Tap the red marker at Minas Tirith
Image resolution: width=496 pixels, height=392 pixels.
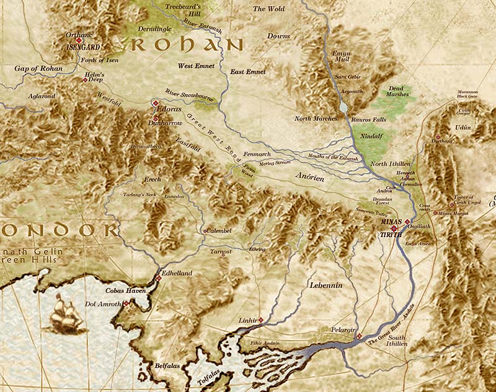394,229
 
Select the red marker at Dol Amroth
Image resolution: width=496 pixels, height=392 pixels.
126,303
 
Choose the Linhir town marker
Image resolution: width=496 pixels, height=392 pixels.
261,320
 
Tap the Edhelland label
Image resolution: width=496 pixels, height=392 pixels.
177,273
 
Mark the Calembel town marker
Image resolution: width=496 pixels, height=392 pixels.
205,232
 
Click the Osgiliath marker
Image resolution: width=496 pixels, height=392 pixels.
407,222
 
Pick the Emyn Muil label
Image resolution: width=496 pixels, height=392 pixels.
342,58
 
